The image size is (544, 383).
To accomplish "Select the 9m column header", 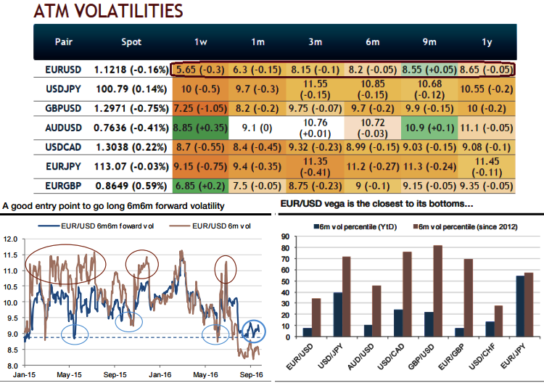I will [x=429, y=41].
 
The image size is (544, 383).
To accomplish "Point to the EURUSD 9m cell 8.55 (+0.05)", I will [x=429, y=70].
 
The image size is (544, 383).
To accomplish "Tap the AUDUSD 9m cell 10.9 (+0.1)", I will [x=429, y=128].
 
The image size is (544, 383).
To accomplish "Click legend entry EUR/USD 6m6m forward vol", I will [x=98, y=225].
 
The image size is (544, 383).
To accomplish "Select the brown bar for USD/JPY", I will [x=347, y=297].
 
